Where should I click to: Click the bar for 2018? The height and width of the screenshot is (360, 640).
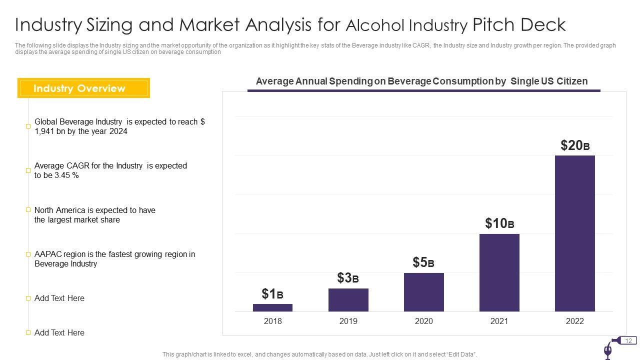tap(272, 307)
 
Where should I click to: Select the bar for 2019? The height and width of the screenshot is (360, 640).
tap(348, 300)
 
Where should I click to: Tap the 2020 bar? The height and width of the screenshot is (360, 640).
tap(423, 292)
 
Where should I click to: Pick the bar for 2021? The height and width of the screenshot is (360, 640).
tap(499, 272)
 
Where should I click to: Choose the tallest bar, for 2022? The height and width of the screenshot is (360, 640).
tap(574, 233)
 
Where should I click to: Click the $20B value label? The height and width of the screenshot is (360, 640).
tap(575, 145)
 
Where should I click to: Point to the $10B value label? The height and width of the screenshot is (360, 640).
tap(499, 223)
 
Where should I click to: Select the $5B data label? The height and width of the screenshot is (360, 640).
tap(423, 262)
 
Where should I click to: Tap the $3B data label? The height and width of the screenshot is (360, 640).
tap(348, 278)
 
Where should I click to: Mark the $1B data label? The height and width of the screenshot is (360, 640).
tap(272, 294)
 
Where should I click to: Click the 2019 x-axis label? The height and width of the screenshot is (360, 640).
tap(348, 321)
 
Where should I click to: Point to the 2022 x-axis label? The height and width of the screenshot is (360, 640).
tap(574, 321)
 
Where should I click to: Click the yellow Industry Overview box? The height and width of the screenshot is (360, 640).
tap(83, 88)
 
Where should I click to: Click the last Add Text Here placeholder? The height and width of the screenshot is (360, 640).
tap(59, 332)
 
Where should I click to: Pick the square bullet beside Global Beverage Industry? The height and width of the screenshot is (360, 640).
tap(28, 126)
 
